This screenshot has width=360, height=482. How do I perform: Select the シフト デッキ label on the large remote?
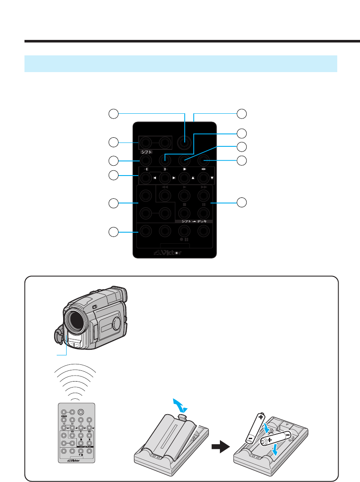pyautogui.click(x=194, y=221)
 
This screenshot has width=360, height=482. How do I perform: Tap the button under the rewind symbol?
pyautogui.click(x=164, y=196)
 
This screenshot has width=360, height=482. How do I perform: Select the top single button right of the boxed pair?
pyautogui.click(x=185, y=142)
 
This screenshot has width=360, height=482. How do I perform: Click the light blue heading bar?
pyautogui.click(x=180, y=64)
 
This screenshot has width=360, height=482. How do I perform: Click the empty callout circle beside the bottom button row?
pyautogui.click(x=113, y=232)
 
